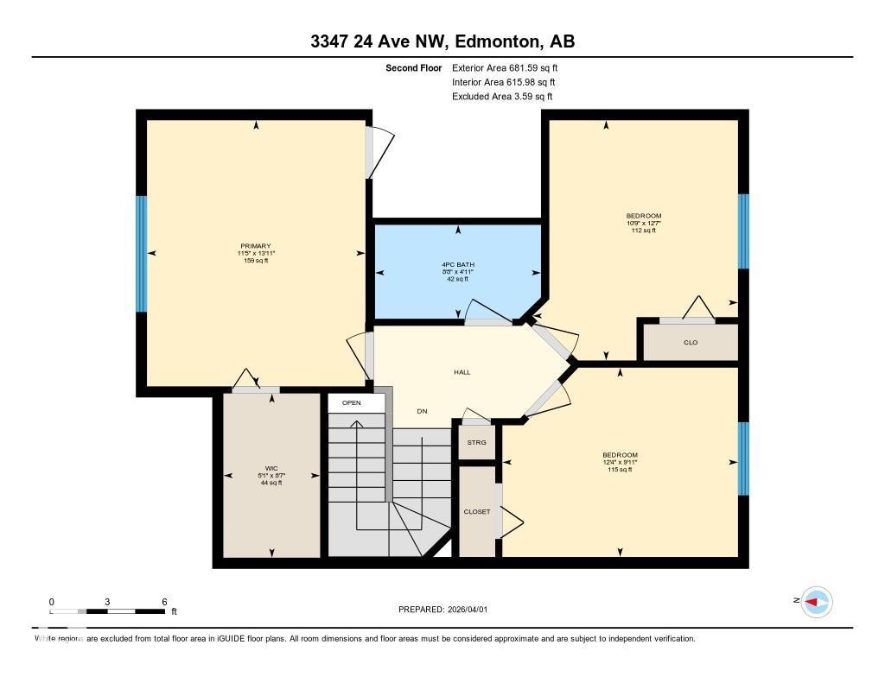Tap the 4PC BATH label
(458, 264)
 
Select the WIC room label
(271, 467)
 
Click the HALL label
(462, 372)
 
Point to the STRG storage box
(477, 442)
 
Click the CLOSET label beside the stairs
(477, 511)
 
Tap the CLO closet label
(691, 343)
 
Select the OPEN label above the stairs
(351, 403)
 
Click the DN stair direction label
(422, 411)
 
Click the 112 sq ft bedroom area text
(643, 231)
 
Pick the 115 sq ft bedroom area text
(620, 470)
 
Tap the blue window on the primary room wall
(142, 253)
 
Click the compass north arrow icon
(815, 602)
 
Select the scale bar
(108, 611)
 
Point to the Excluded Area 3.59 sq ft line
(502, 97)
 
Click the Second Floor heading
(413, 67)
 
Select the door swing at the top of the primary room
(379, 151)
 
